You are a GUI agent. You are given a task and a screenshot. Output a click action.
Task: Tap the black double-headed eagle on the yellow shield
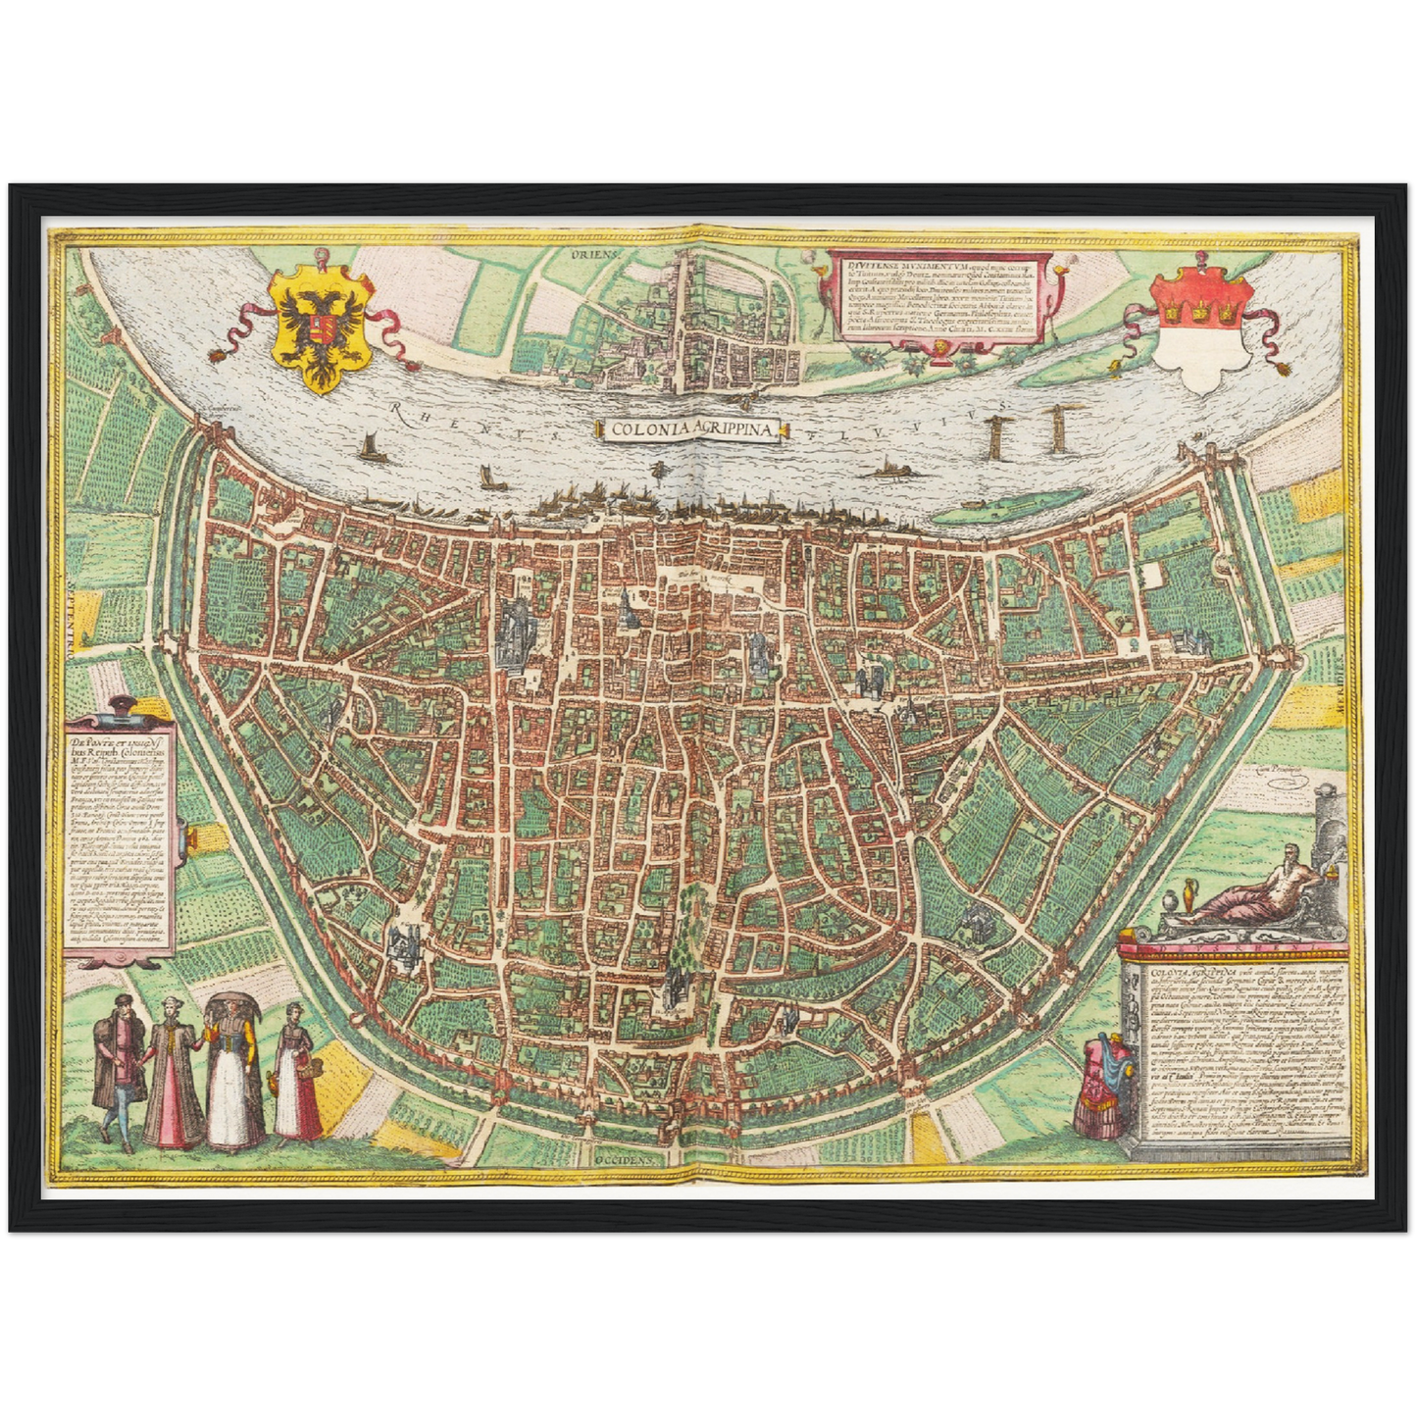[320, 329]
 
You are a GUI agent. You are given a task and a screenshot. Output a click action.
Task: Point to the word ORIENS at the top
[594, 254]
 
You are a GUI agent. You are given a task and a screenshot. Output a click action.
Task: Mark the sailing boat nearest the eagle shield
[371, 448]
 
